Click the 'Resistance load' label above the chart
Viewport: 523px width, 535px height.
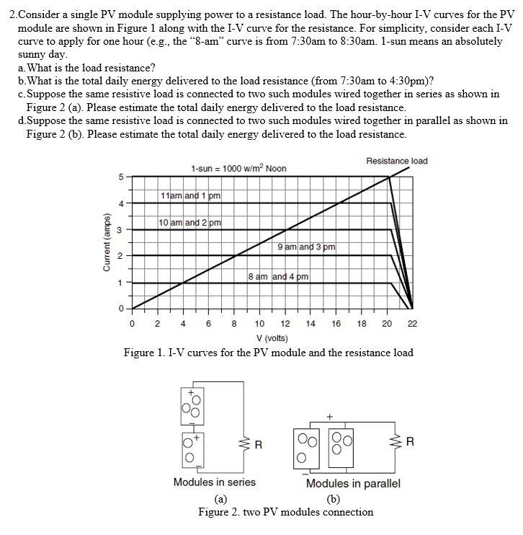point(396,160)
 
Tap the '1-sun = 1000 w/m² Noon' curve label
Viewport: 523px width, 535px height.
point(238,168)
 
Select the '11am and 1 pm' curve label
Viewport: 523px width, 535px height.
point(191,195)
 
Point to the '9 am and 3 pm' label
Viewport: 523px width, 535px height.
point(306,247)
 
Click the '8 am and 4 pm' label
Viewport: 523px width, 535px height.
point(278,276)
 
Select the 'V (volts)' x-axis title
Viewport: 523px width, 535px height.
point(272,338)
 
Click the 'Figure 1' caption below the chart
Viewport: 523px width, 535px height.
point(268,353)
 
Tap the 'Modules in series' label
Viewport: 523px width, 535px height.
point(214,482)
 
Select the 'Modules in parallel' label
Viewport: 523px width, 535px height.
point(353,483)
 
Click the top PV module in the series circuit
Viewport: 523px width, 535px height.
point(193,404)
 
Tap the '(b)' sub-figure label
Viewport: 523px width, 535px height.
point(332,498)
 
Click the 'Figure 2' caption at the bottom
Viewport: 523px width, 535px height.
point(285,512)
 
